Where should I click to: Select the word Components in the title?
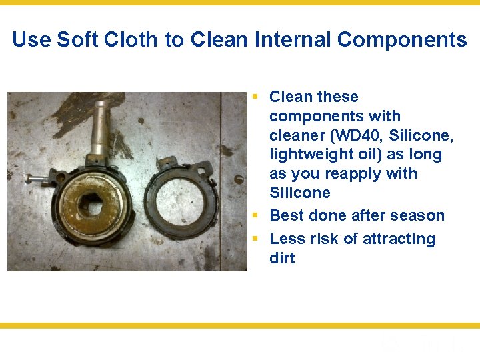pos(402,40)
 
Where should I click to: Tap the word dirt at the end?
pos(282,258)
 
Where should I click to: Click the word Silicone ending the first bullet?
pos(299,193)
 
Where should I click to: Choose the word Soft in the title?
pos(74,40)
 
